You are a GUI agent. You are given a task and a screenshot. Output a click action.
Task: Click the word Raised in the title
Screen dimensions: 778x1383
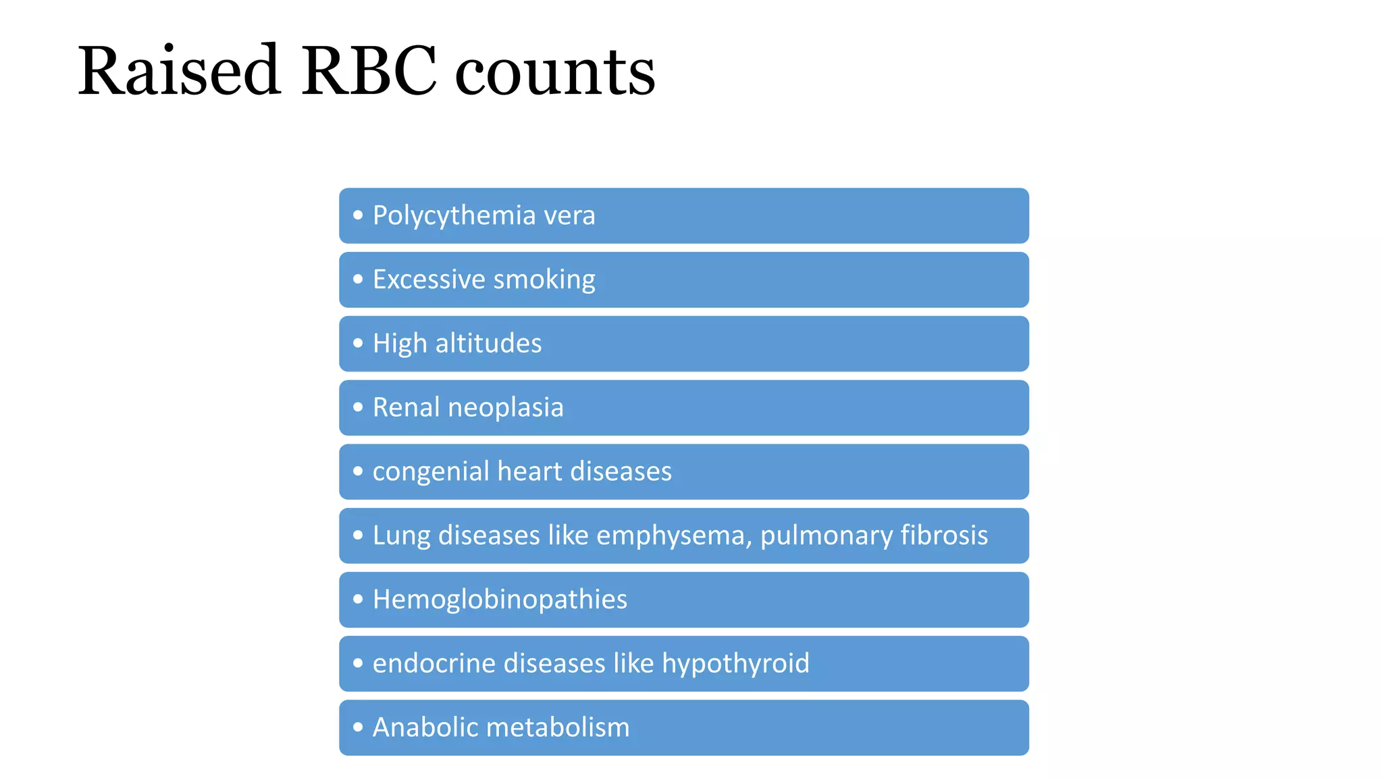178,71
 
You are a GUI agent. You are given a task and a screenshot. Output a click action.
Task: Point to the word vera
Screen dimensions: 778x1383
569,216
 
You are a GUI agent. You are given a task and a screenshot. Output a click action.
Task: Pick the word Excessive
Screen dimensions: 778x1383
429,280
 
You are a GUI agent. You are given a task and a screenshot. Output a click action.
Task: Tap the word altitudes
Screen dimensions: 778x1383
488,343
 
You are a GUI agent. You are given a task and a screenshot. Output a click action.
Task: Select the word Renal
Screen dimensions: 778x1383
406,407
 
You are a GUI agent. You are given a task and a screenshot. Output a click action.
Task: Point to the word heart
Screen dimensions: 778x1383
529,471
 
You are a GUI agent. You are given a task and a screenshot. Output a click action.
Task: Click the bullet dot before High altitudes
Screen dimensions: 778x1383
358,343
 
